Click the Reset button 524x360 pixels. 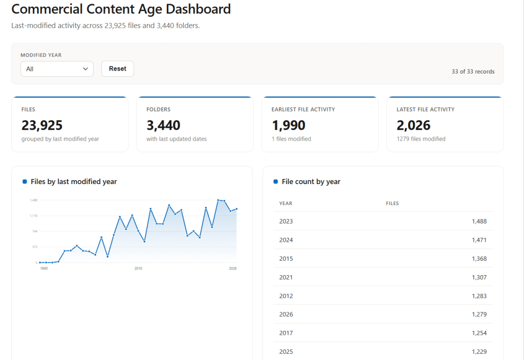(x=118, y=69)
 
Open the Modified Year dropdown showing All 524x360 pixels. (x=57, y=69)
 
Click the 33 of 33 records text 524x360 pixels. (x=473, y=72)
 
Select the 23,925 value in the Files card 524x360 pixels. (x=42, y=125)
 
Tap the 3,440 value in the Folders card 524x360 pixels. (x=163, y=125)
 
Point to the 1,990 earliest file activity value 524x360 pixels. (x=289, y=125)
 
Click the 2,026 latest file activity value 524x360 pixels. (x=413, y=125)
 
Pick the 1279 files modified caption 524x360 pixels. (x=421, y=139)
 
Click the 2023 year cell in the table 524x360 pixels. (x=286, y=221)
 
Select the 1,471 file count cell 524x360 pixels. (x=479, y=240)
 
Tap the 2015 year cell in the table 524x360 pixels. (x=286, y=258)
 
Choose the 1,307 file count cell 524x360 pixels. (x=479, y=277)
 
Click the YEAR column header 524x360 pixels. (x=286, y=204)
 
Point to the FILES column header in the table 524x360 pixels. (x=392, y=204)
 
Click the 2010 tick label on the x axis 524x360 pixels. (x=138, y=268)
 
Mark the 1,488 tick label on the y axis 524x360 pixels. (x=34, y=200)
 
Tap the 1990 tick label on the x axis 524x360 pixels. (x=44, y=268)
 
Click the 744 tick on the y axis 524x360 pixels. (x=35, y=232)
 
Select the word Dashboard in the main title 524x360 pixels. (x=198, y=9)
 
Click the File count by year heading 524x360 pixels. (x=311, y=182)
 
